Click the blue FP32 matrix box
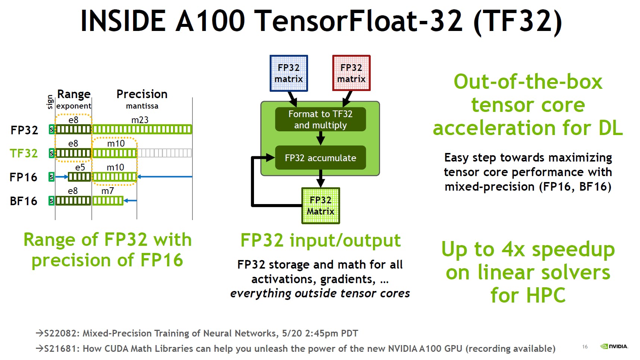tap(289, 73)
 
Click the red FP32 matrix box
tap(351, 73)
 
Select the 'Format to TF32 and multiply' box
tap(320, 119)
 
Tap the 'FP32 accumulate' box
tap(320, 158)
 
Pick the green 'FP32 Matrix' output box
tap(320, 206)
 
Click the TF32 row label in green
tap(24, 153)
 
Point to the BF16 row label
tap(23, 201)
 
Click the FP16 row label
tap(23, 177)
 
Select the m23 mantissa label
tap(140, 120)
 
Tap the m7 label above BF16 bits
tap(108, 191)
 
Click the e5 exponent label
tap(80, 168)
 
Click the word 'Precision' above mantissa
tap(142, 94)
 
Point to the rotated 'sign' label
tap(50, 102)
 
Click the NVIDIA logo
tap(614, 346)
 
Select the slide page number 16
tap(585, 347)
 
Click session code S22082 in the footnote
tap(61, 333)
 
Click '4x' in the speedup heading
tap(514, 249)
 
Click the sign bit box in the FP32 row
tap(51, 129)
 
